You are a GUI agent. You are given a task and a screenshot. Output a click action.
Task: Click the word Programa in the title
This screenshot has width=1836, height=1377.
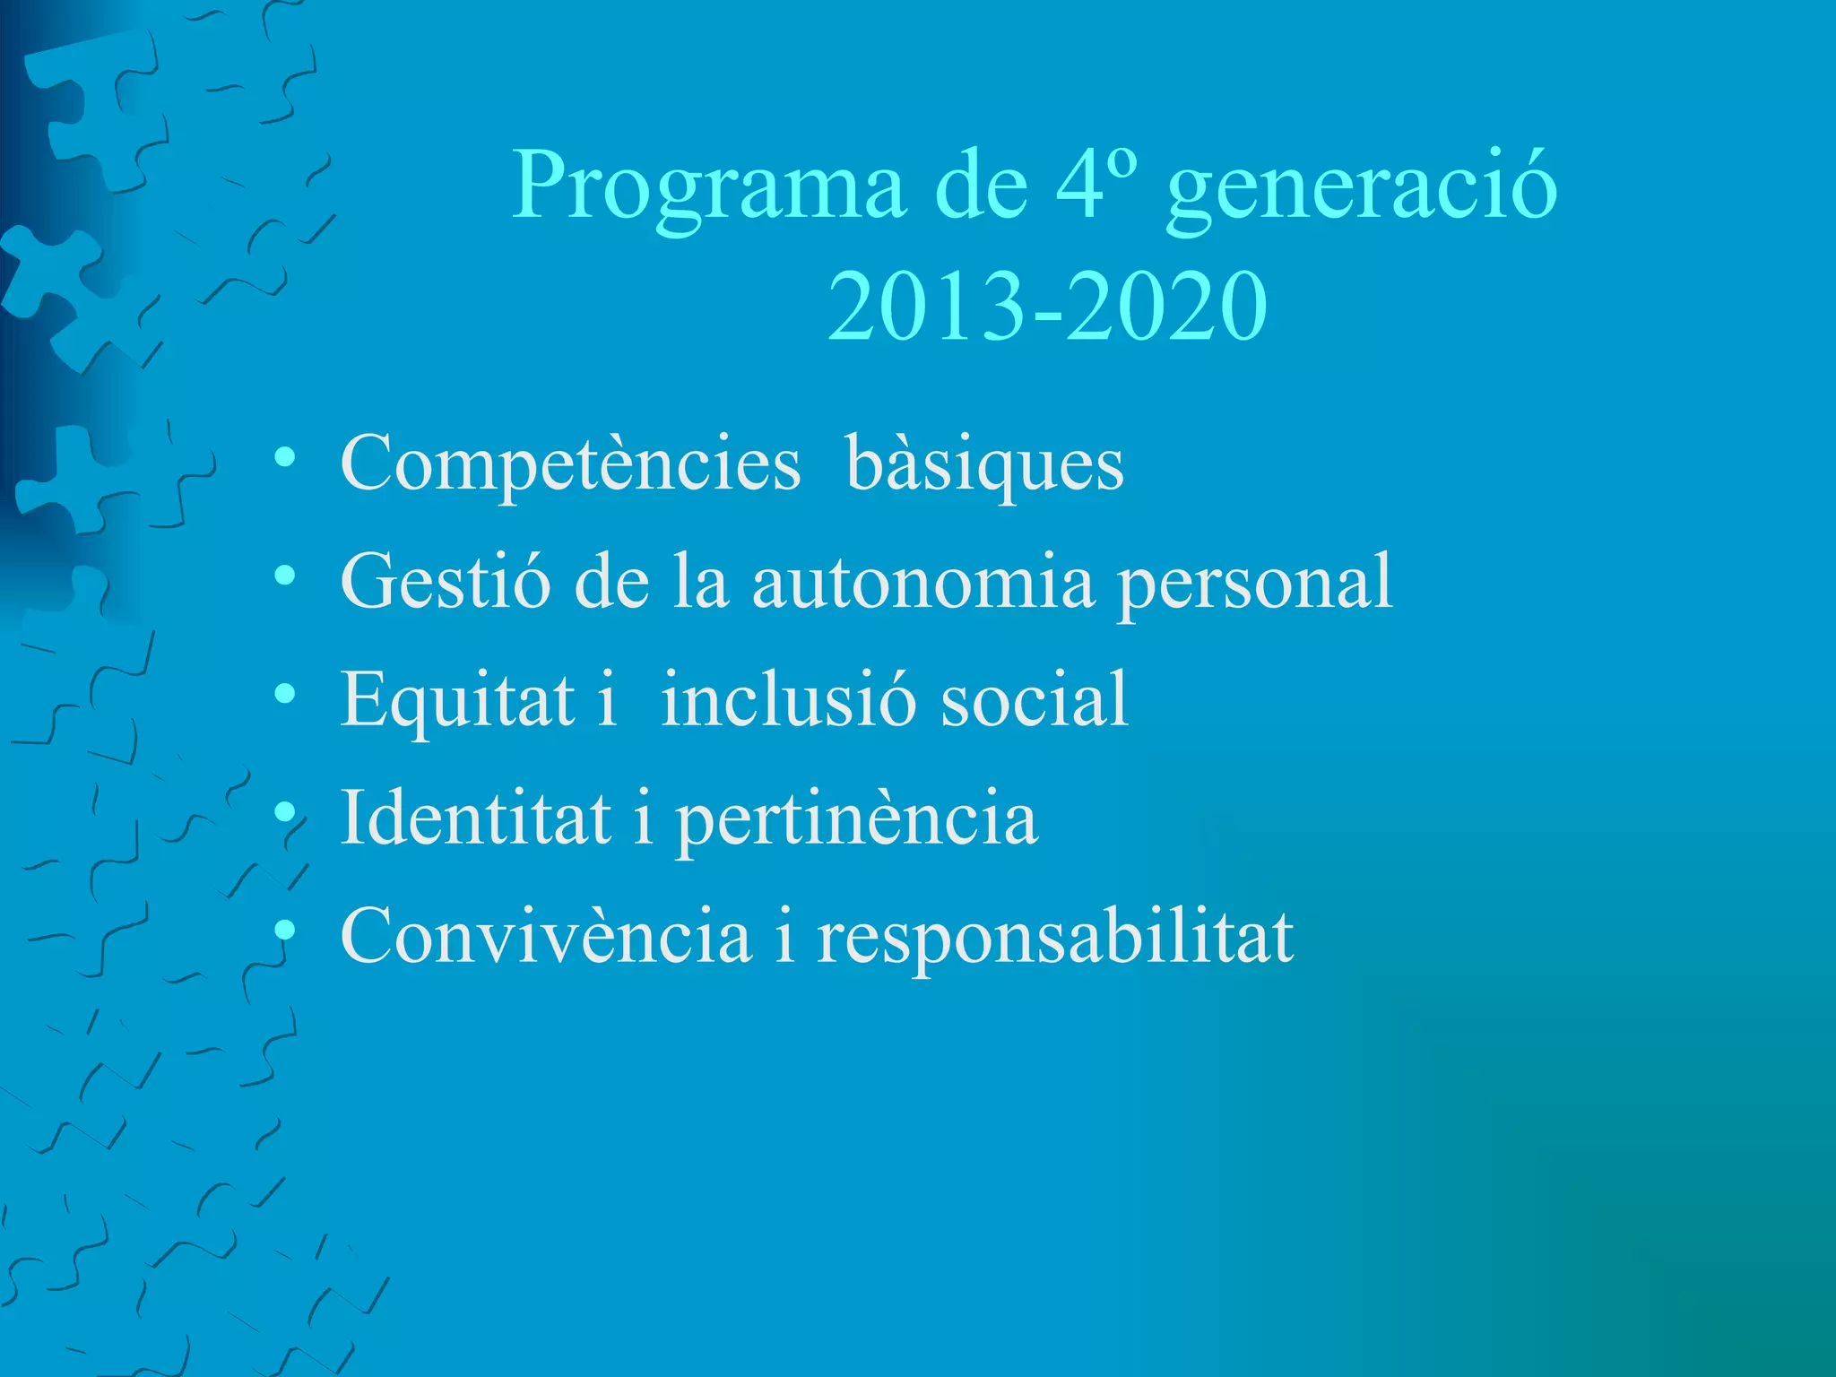(708, 188)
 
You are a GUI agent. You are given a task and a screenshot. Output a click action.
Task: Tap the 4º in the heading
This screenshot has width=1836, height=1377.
(1096, 184)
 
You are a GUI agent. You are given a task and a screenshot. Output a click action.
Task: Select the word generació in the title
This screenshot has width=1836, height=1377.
(1362, 188)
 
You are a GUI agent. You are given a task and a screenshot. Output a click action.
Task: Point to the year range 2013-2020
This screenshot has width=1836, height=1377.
(1046, 307)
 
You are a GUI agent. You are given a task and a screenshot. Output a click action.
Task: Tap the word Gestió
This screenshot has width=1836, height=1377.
(446, 583)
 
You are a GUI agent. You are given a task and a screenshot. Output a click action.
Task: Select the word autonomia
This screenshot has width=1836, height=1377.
(923, 583)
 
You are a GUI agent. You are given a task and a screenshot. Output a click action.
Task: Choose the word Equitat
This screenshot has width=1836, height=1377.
(457, 701)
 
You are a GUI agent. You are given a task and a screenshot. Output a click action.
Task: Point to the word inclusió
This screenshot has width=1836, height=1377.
(789, 701)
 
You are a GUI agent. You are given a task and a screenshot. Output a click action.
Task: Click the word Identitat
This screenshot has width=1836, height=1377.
(476, 818)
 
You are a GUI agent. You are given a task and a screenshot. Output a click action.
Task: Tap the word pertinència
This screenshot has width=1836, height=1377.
(856, 820)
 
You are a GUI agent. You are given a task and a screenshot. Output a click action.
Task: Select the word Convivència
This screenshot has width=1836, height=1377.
(546, 937)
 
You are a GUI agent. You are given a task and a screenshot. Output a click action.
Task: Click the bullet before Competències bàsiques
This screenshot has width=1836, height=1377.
(285, 458)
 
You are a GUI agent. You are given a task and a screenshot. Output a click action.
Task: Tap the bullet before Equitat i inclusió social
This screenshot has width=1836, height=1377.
(285, 694)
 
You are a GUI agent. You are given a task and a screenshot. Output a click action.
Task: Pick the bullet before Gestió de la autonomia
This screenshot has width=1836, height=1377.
(285, 576)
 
